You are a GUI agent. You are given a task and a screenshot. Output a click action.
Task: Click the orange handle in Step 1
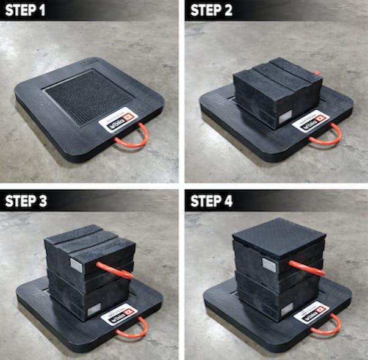point(138,135)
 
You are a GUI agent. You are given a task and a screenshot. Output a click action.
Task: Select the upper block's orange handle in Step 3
point(115,269)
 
